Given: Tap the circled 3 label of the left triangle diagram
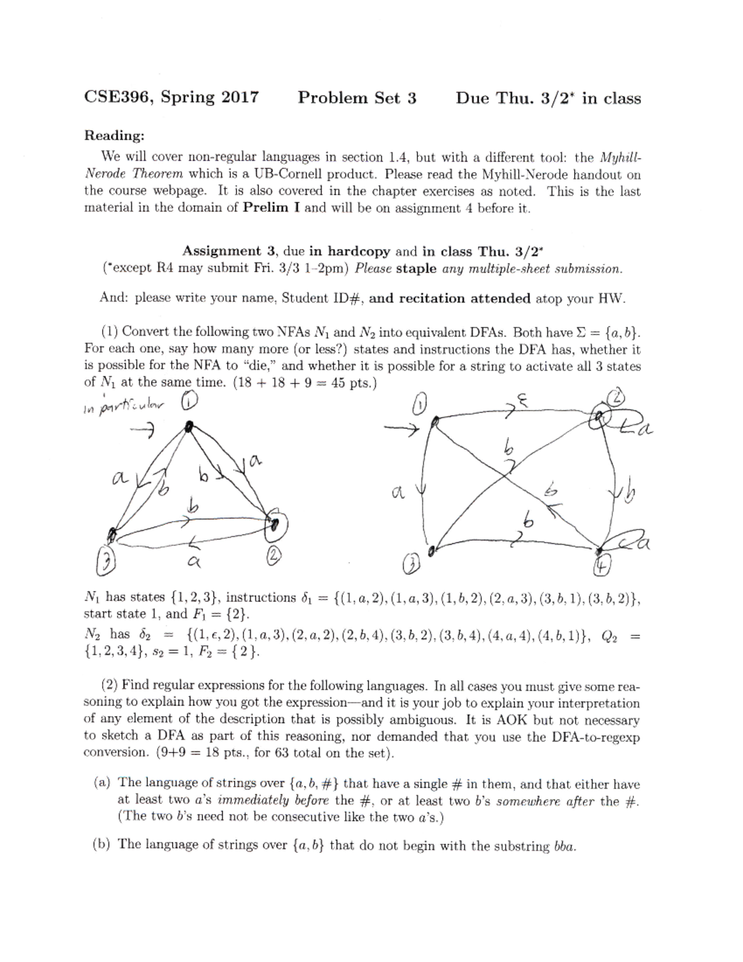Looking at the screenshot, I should [x=107, y=562].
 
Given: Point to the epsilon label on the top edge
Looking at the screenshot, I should [x=522, y=404].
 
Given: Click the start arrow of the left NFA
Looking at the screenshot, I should [x=145, y=427].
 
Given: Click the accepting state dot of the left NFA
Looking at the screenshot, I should [x=272, y=524].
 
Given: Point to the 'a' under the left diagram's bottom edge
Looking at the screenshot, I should [x=193, y=561].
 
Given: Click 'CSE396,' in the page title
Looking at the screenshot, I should [x=120, y=98].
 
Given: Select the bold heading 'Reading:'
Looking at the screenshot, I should [x=115, y=135].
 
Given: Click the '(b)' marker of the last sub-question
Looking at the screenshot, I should [x=103, y=844].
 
